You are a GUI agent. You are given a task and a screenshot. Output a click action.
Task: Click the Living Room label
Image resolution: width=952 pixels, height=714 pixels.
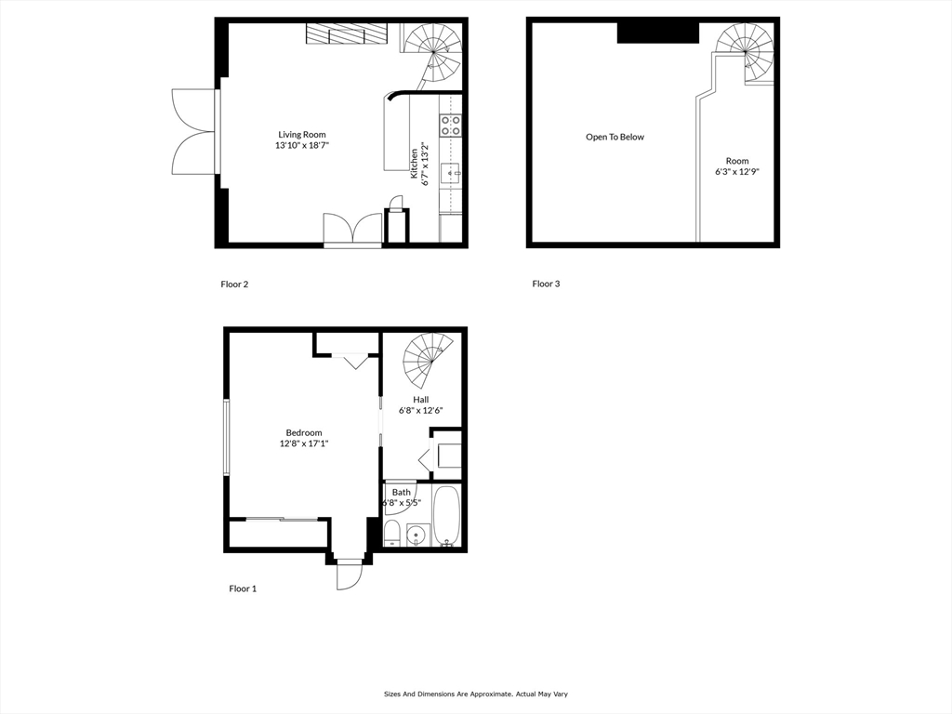[302, 135]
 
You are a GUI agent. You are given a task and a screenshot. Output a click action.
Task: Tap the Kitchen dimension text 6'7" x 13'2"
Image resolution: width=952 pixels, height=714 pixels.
[425, 164]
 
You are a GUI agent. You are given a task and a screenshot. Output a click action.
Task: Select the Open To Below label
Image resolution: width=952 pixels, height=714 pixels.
[615, 138]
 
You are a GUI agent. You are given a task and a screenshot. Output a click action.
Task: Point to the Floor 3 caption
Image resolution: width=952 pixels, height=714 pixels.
[546, 284]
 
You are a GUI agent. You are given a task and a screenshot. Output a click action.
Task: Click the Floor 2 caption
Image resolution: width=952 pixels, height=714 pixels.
[234, 284]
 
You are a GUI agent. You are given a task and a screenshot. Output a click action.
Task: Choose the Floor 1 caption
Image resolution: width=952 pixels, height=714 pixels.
[243, 588]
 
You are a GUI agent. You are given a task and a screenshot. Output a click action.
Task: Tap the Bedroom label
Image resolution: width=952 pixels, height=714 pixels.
[304, 432]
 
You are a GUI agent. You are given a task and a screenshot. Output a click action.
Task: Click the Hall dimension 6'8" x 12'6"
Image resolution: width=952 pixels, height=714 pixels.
[421, 410]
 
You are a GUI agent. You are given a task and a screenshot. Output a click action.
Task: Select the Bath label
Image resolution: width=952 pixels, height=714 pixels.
[402, 493]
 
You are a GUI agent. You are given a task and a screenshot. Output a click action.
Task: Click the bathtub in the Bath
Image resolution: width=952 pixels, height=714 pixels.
[446, 516]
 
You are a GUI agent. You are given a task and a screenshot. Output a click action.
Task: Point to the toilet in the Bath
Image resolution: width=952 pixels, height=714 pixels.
[392, 534]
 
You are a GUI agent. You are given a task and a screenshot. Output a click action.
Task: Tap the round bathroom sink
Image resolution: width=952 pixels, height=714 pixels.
[416, 535]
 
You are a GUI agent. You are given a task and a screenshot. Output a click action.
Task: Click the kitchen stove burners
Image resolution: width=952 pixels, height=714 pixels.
[451, 125]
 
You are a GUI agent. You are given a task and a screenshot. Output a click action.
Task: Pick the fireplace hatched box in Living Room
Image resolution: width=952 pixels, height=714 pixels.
[347, 33]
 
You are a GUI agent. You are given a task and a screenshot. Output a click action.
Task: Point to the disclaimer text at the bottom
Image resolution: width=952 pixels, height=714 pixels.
[475, 694]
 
